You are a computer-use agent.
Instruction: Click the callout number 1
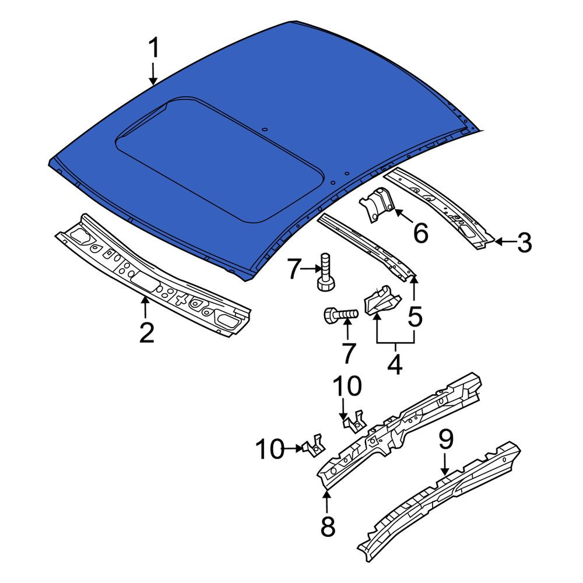tap(154, 48)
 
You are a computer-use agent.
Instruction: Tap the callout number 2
tap(146, 333)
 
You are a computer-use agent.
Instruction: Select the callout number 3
tap(524, 243)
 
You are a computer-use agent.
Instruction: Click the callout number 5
tap(415, 317)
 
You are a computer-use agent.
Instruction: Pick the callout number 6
tap(420, 233)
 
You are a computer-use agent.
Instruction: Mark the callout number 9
tap(446, 439)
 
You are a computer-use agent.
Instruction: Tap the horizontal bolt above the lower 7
tap(341, 315)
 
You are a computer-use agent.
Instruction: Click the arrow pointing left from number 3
tap(505, 242)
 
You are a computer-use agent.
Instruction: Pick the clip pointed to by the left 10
tap(314, 446)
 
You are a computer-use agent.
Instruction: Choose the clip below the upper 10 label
tap(354, 422)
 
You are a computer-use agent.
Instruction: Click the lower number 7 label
tap(349, 353)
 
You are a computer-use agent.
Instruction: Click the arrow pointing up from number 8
tap(327, 501)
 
